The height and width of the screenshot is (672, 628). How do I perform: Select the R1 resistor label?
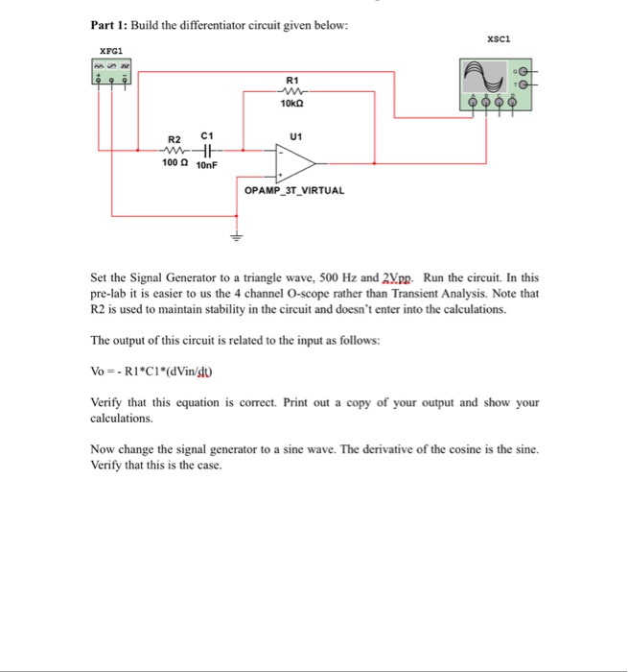(292, 80)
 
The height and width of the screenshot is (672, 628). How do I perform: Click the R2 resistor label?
(174, 139)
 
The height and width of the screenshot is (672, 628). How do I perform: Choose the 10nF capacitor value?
(208, 165)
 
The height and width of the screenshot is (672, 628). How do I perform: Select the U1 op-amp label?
(295, 137)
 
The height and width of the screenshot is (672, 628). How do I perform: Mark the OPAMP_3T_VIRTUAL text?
(294, 190)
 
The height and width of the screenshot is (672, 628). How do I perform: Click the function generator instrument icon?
(111, 72)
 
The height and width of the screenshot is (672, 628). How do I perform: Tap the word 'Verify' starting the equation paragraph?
(108, 403)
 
